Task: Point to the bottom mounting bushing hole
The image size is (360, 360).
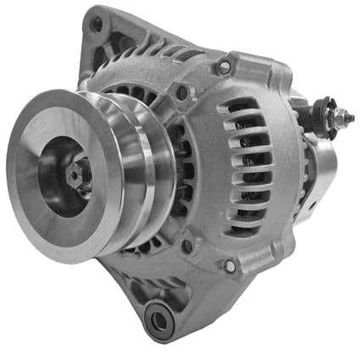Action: coord(158,319)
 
